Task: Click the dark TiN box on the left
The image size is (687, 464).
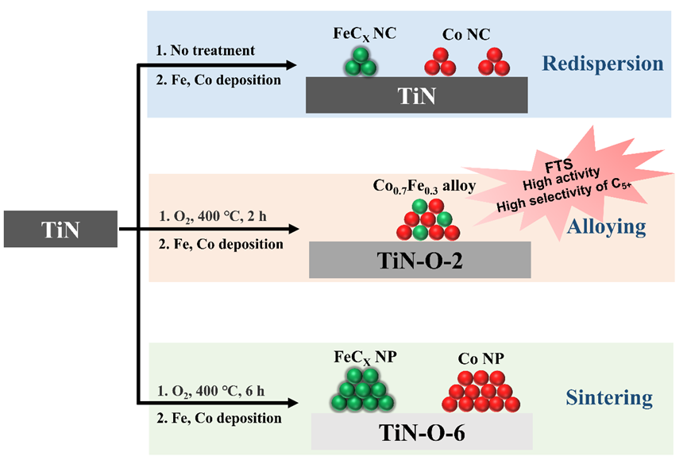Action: [x=60, y=230]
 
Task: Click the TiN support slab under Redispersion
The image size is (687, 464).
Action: [x=417, y=96]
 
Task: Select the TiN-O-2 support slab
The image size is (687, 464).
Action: [x=419, y=260]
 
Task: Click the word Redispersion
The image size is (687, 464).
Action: [x=603, y=64]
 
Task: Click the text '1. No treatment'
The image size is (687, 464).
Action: [x=206, y=51]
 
